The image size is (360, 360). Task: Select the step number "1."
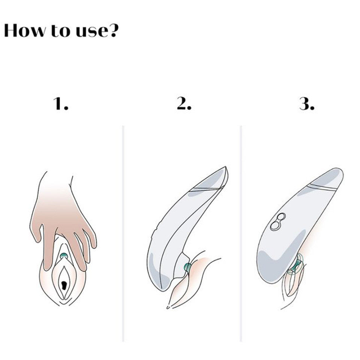(x=61, y=104)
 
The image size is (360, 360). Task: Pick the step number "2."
(x=184, y=104)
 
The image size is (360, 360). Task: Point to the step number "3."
(x=307, y=104)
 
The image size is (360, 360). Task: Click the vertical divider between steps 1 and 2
(x=123, y=234)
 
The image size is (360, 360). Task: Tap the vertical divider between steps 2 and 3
(x=241, y=234)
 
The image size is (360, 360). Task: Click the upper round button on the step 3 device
(x=281, y=217)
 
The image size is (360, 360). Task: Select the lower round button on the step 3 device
(x=274, y=226)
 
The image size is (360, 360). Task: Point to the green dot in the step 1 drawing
(x=63, y=255)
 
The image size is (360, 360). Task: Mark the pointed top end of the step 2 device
(x=226, y=167)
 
